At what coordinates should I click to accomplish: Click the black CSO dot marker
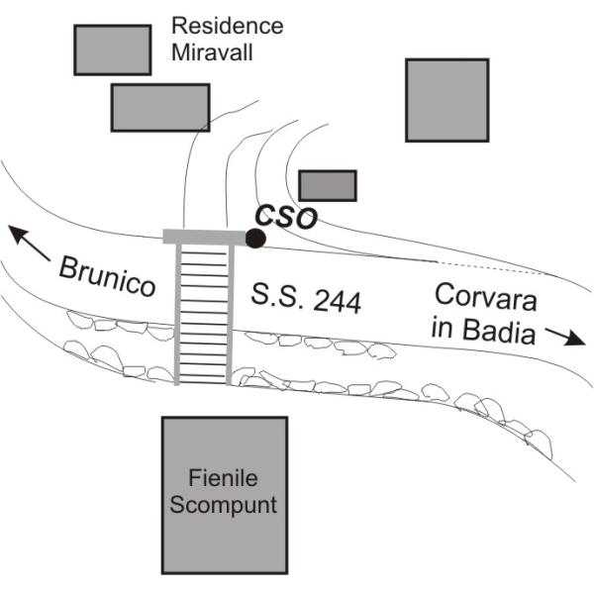pyautogui.click(x=255, y=239)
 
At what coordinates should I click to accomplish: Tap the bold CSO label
pyautogui.click(x=286, y=217)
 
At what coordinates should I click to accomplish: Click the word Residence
pyautogui.click(x=228, y=26)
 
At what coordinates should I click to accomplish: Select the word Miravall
pyautogui.click(x=212, y=51)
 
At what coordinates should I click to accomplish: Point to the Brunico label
pyautogui.click(x=107, y=276)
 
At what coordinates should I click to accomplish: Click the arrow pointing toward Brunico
pyautogui.click(x=29, y=243)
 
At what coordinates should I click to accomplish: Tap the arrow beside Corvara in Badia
pyautogui.click(x=565, y=337)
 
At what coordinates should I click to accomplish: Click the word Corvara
pyautogui.click(x=486, y=297)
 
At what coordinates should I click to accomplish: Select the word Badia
pyautogui.click(x=499, y=331)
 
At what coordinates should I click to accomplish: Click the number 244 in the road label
pyautogui.click(x=338, y=302)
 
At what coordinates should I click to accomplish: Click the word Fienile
pyautogui.click(x=223, y=478)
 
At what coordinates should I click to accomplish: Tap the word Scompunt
pyautogui.click(x=223, y=505)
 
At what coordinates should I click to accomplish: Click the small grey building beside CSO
pyautogui.click(x=328, y=186)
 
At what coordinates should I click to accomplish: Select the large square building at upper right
pyautogui.click(x=447, y=100)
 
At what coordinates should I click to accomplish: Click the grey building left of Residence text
pyautogui.click(x=113, y=50)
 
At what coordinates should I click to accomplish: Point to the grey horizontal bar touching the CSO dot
pyautogui.click(x=205, y=237)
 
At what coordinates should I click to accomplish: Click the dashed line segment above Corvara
pyautogui.click(x=489, y=266)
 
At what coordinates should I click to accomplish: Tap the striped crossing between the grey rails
pyautogui.click(x=203, y=315)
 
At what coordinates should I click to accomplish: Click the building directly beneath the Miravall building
pyautogui.click(x=160, y=108)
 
